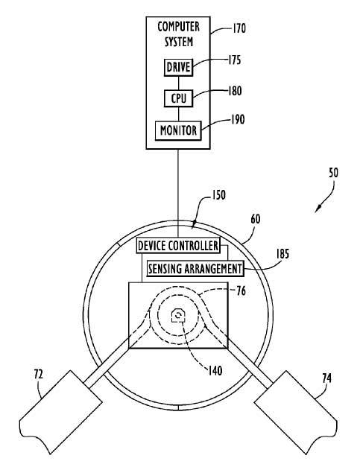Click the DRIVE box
click(178, 67)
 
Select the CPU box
click(178, 98)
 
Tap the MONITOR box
click(178, 130)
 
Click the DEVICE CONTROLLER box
click(178, 246)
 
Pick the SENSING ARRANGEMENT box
click(195, 268)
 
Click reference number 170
click(239, 28)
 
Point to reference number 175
click(234, 60)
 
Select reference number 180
click(235, 91)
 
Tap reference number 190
click(238, 120)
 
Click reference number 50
click(333, 173)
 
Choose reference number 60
click(256, 219)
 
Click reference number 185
click(282, 254)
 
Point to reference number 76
click(241, 291)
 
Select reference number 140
click(215, 371)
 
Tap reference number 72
click(39, 375)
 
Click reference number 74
click(326, 378)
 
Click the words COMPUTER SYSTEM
click(178, 34)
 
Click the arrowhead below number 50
click(318, 209)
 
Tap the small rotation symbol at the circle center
click(177, 316)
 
